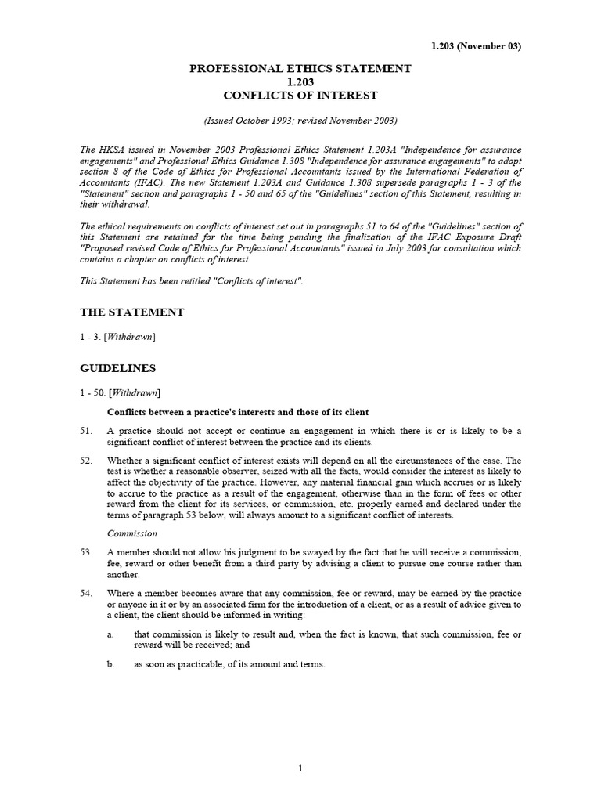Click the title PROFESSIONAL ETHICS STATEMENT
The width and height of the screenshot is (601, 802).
click(300, 69)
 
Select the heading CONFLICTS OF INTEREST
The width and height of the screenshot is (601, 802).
click(300, 96)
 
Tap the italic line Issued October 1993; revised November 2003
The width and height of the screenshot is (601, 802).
click(300, 121)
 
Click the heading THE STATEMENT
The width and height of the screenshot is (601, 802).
click(132, 312)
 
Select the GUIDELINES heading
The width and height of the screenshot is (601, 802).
click(118, 367)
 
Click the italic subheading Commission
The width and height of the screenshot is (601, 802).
click(131, 533)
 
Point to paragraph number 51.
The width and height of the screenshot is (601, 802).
click(86, 432)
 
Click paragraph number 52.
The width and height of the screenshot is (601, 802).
click(86, 460)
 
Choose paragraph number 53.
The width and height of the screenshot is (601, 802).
click(86, 553)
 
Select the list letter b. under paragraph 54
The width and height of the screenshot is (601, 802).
click(110, 664)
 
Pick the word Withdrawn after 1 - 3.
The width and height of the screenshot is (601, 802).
click(130, 337)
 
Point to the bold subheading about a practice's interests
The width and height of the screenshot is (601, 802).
click(237, 412)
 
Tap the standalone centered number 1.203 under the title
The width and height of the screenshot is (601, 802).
click(300, 82)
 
